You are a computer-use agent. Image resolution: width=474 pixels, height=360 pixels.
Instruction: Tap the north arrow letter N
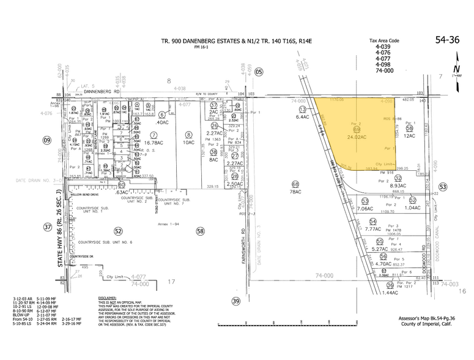coord(457,69)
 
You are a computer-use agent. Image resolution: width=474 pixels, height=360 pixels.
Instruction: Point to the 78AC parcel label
coord(296,192)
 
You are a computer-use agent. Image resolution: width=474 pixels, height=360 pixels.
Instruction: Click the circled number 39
coord(236,301)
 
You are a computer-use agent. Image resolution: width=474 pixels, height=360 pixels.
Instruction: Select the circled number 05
coord(259,72)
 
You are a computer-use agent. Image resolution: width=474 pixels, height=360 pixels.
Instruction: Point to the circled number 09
coord(46,140)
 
